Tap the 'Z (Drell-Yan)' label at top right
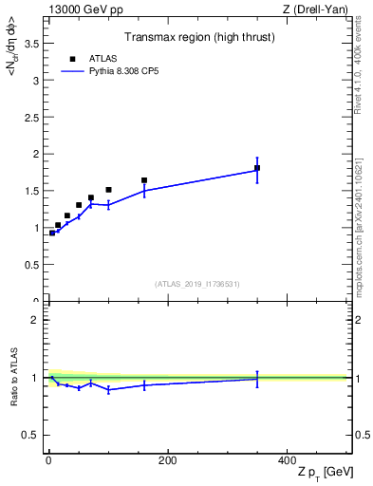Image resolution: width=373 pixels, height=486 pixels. (x=316, y=9)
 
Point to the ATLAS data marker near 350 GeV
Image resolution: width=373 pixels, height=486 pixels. (x=257, y=168)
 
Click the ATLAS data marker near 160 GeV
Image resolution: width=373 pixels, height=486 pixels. (x=144, y=180)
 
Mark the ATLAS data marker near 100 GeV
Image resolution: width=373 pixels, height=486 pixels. (x=108, y=190)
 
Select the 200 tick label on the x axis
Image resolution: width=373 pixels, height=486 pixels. (x=167, y=460)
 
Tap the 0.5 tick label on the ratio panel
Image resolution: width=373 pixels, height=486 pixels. (x=31, y=435)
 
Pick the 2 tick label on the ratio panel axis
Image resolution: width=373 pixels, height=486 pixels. (x=35, y=320)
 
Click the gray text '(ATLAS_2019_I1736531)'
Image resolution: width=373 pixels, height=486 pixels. (x=197, y=283)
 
